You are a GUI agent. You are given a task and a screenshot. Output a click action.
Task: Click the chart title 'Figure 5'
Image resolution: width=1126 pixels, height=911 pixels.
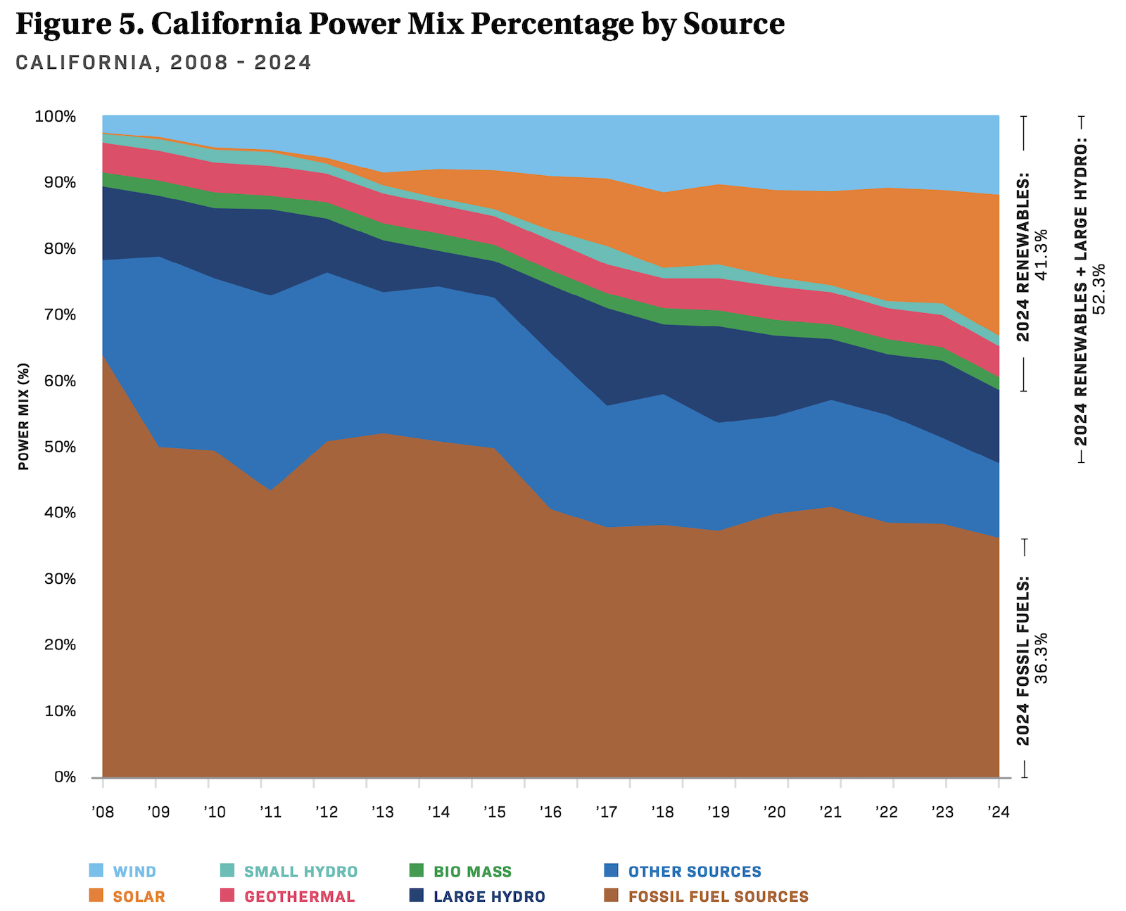pos(400,24)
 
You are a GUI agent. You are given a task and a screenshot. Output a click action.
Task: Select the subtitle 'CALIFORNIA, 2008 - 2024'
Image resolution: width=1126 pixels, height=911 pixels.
pos(163,63)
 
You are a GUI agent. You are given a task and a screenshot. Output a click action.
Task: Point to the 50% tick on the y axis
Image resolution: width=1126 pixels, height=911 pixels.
pos(55,447)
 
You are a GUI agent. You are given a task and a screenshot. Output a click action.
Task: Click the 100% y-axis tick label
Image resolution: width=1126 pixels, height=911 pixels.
pos(55,116)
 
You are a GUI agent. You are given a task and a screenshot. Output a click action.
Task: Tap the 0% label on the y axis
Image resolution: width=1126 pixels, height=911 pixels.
pos(65,777)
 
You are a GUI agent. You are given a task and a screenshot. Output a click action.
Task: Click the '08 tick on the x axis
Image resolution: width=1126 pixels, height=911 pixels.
pos(103,813)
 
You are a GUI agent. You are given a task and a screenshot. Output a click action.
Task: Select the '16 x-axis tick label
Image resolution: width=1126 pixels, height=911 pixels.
pos(550,813)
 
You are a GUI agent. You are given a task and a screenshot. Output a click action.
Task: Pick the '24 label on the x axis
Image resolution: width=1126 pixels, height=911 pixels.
pos(998,813)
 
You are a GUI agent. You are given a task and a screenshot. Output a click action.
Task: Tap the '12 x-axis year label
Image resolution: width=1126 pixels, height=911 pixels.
pos(327,813)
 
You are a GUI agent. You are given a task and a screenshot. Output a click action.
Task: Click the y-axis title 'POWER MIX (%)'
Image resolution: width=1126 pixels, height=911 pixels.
pos(24,416)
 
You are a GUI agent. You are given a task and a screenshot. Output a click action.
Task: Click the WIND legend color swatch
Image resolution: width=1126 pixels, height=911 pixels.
pos(96,871)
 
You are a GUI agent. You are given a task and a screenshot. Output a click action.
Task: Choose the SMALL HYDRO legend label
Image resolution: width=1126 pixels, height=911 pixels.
pos(301,872)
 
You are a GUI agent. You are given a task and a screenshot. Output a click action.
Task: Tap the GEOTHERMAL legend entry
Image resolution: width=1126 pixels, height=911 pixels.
pos(299,896)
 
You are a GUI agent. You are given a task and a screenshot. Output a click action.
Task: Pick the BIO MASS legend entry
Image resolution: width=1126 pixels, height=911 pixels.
pos(472,872)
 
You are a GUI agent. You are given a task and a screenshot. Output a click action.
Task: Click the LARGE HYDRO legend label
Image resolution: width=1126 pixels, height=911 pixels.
pos(489,896)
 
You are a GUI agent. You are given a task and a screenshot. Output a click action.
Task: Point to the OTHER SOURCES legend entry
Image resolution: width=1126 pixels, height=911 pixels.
pos(695,872)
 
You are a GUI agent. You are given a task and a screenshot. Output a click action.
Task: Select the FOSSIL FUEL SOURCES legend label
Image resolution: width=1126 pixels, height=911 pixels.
pos(718,896)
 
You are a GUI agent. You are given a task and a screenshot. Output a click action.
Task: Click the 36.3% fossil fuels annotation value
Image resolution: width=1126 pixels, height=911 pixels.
pos(1042,658)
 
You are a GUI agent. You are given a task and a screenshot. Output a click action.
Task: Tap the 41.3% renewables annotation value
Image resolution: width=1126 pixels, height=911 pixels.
pos(1042,254)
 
